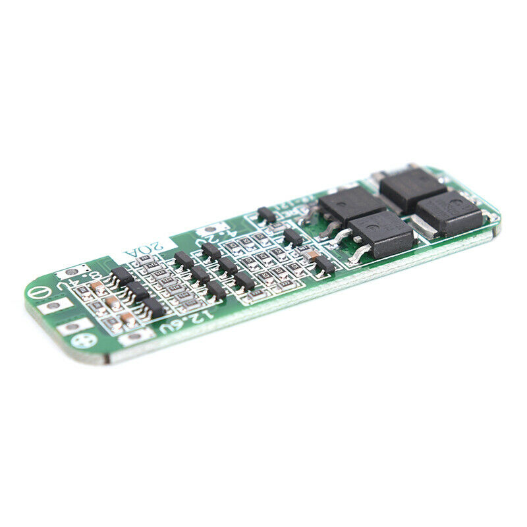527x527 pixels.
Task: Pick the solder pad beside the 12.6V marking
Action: tap(136, 336)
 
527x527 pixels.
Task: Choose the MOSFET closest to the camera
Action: tap(382, 234)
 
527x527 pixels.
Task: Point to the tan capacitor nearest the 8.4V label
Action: tap(97, 287)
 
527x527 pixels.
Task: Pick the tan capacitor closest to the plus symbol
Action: tap(128, 319)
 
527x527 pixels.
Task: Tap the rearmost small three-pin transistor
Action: tap(266, 214)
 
